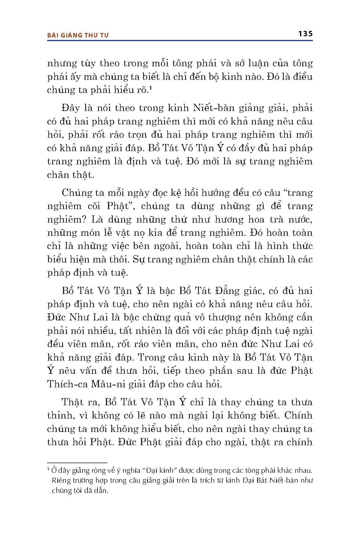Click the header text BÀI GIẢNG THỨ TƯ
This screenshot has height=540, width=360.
(78, 35)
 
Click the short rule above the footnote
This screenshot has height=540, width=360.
(77, 463)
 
